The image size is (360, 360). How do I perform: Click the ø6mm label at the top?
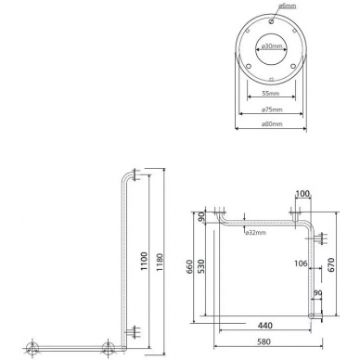click(x=288, y=6)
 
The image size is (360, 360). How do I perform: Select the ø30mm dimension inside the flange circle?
click(x=272, y=46)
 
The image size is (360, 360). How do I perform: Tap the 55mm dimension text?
click(x=271, y=93)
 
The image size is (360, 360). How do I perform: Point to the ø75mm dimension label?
click(x=272, y=109)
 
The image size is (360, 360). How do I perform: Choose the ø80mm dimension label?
click(x=272, y=124)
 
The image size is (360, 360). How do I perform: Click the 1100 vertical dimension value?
click(x=144, y=262)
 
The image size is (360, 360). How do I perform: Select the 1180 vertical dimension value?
click(x=160, y=263)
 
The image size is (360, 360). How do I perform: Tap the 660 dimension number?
click(x=189, y=267)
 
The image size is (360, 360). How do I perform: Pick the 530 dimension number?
click(x=201, y=267)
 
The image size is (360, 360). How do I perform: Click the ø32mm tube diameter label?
click(x=256, y=233)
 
